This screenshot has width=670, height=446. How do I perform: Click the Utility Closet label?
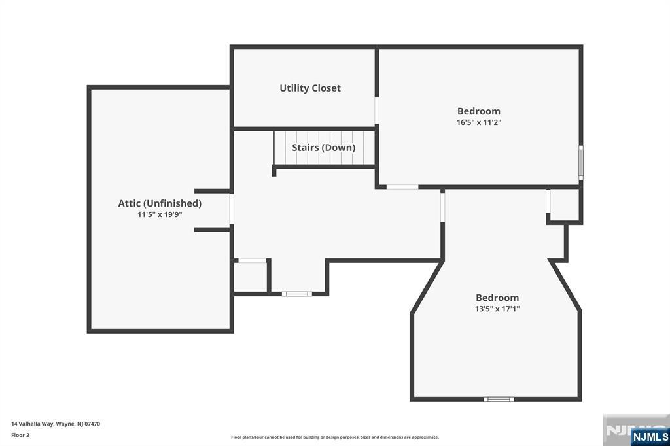click(x=310, y=88)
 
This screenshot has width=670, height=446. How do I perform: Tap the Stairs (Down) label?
click(x=323, y=148)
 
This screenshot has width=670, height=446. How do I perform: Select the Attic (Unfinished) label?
click(x=160, y=203)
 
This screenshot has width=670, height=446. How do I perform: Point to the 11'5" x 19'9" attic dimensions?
click(x=160, y=214)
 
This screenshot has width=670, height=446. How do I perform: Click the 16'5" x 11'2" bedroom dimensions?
click(x=479, y=122)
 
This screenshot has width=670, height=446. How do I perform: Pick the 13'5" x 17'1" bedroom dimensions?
click(x=497, y=309)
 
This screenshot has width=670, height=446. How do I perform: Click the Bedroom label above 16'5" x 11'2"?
click(x=479, y=111)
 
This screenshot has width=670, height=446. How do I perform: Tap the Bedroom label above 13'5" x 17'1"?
click(x=497, y=298)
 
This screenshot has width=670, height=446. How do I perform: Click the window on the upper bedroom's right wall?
click(x=580, y=162)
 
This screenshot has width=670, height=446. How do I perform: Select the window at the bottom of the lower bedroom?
click(x=499, y=398)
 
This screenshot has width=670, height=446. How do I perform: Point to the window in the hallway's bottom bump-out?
click(x=296, y=294)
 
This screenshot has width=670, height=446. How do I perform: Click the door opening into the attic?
click(x=231, y=210)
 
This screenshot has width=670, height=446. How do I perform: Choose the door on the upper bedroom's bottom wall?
click(x=402, y=187)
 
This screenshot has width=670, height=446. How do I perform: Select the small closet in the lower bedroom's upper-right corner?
click(x=564, y=205)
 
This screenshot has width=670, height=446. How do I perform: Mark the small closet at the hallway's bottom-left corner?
click(x=251, y=277)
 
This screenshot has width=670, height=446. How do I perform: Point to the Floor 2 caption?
click(x=20, y=435)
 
